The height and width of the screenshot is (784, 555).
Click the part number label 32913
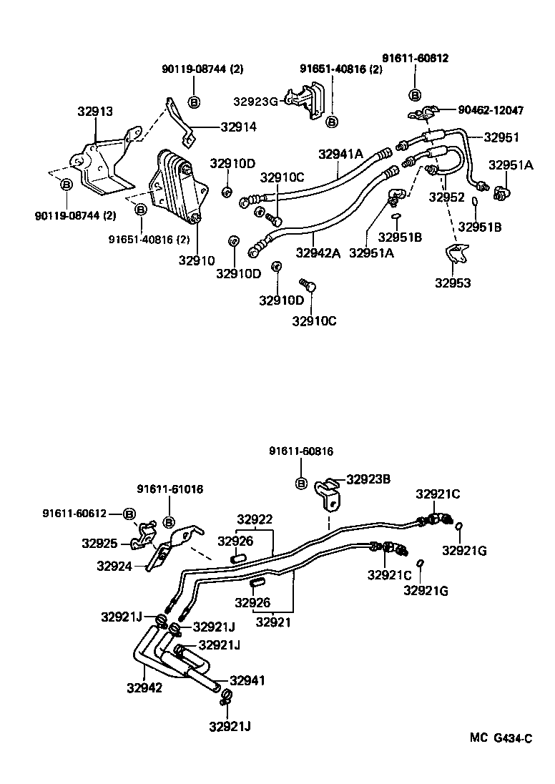click(x=95, y=112)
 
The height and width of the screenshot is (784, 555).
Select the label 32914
click(x=238, y=127)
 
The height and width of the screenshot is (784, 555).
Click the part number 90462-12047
click(x=490, y=110)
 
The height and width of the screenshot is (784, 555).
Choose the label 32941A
click(x=340, y=153)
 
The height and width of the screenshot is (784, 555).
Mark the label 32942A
click(x=318, y=252)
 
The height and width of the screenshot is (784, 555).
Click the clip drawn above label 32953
click(x=454, y=253)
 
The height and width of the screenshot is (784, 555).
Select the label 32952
click(x=447, y=197)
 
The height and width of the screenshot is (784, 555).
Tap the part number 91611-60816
click(x=301, y=451)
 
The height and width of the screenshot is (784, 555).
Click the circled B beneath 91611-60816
click(x=301, y=484)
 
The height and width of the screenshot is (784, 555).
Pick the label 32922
click(x=255, y=519)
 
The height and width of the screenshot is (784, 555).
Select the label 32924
click(x=114, y=566)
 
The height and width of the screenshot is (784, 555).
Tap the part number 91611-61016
click(x=170, y=489)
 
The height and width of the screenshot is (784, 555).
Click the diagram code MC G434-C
click(x=501, y=738)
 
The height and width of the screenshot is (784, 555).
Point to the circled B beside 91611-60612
click(x=129, y=514)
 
